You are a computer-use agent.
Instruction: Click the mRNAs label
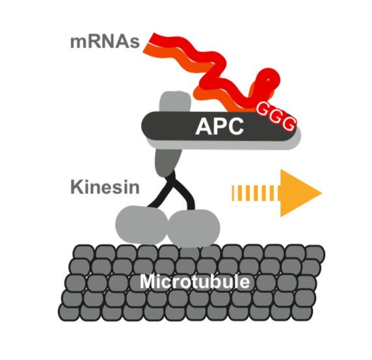point(105,42)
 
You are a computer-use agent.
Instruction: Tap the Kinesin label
point(105,187)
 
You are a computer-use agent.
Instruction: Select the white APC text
point(219,126)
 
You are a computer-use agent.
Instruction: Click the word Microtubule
point(194,282)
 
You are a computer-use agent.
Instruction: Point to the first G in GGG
point(263,109)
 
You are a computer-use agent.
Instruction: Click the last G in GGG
point(289,124)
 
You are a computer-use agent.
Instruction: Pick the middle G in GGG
point(276,116)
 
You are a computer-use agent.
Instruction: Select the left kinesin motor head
point(142,225)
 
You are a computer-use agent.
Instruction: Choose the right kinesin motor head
point(194,228)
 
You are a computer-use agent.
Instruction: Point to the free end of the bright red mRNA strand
point(152,38)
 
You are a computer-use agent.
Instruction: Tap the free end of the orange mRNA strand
point(146,49)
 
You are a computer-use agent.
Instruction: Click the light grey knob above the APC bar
point(175,102)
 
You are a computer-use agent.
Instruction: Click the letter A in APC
point(204,126)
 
